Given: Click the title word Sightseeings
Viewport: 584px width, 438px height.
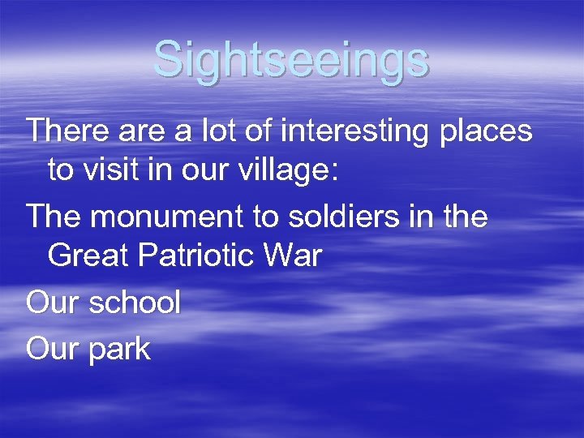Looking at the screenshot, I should [x=291, y=59].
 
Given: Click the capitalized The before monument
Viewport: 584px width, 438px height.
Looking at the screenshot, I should [x=51, y=216].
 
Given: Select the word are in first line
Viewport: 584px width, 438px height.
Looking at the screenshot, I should [x=140, y=131].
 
